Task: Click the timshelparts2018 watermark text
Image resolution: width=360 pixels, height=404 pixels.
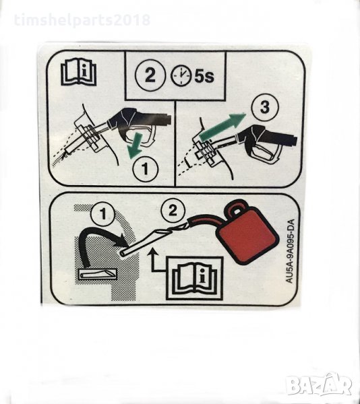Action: point(82,20)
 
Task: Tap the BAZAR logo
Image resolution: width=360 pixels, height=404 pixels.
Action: point(320,385)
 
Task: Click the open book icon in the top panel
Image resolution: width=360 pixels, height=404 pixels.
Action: point(79,72)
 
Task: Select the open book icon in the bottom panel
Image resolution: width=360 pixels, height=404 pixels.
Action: point(195,279)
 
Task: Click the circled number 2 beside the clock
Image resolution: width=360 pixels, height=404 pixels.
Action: point(150,75)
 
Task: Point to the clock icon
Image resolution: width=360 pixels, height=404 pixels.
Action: point(181,76)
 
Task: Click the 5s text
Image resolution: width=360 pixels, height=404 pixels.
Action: point(204,76)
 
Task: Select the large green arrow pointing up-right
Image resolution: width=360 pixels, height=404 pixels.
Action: point(222,127)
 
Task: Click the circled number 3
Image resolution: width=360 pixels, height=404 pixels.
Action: point(264,107)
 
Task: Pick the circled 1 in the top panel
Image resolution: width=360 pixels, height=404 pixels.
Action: point(145,169)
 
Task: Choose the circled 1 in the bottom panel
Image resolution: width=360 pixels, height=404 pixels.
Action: point(103,214)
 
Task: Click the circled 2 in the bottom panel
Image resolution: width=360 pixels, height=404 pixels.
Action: point(173,211)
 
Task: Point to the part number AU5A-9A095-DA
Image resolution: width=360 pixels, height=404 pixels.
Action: point(290,251)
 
